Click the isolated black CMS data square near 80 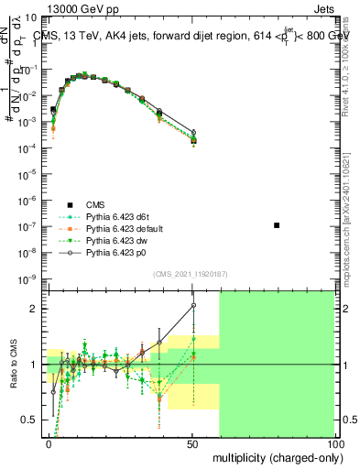click(277, 224)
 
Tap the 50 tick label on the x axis click(191, 442)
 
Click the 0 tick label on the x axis click(49, 442)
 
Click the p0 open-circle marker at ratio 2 click(193, 306)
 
